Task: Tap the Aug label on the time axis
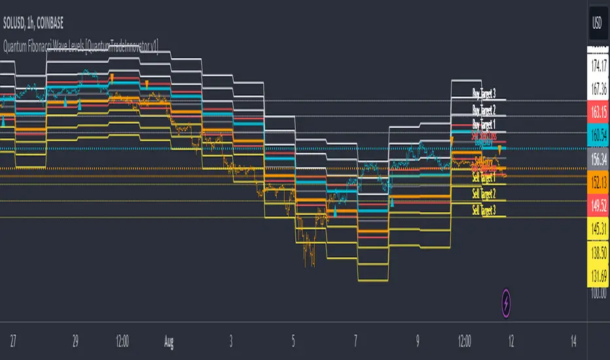coord(169,341)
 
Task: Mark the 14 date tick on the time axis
coord(573,341)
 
